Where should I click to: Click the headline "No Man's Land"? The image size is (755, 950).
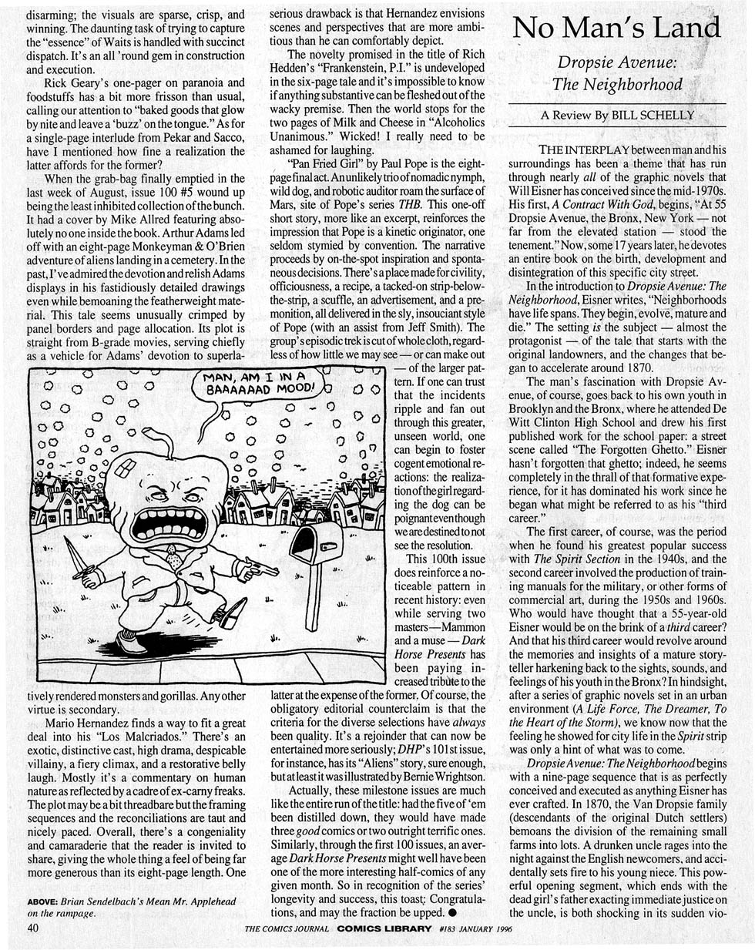[616, 29]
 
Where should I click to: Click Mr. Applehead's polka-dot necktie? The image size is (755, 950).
[176, 559]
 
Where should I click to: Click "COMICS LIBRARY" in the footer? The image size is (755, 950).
[384, 928]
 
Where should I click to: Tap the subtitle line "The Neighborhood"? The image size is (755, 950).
[616, 83]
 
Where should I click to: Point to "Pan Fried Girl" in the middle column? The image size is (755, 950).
[317, 166]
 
